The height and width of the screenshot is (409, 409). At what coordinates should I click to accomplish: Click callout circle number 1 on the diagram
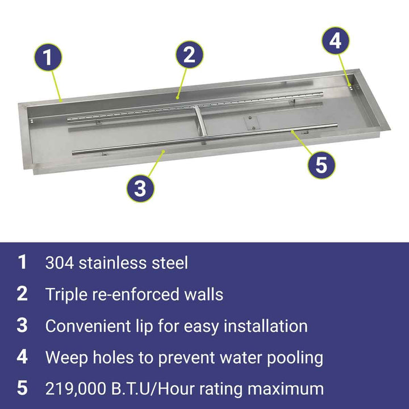coord(48,57)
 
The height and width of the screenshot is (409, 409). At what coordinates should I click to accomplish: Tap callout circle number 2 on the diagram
coord(189,55)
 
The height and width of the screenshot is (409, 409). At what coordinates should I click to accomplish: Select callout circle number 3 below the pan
coord(140,189)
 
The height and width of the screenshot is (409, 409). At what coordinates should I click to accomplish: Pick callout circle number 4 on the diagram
coord(336,41)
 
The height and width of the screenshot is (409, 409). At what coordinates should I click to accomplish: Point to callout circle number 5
coord(322,165)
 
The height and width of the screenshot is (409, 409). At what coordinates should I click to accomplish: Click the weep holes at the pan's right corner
coord(350,87)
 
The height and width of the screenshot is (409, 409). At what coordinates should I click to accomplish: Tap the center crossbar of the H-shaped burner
coord(201,121)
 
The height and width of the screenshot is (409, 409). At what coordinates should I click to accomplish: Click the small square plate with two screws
coord(252,123)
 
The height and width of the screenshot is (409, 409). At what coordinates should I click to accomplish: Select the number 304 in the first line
coord(60,263)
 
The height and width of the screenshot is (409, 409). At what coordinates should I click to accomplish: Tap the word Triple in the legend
coord(66,294)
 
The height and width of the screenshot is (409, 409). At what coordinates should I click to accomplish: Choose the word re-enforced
coord(135,294)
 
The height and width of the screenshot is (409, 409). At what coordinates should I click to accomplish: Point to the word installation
coord(266,326)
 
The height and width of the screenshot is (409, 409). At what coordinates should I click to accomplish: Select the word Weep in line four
coord(67,358)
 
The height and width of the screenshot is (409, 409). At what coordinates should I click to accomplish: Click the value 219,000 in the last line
coord(76,389)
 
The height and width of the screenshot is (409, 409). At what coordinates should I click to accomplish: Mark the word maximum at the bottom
coord(286,389)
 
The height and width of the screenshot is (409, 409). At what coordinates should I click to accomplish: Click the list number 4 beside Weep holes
coord(22,357)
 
